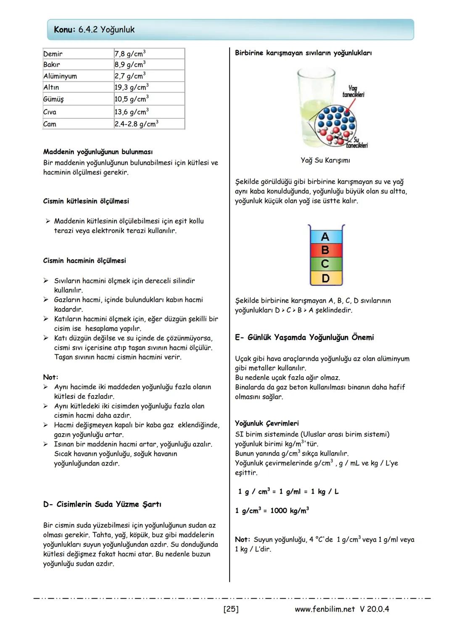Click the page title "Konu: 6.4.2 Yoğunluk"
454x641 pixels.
tap(94, 30)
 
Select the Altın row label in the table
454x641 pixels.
tap(51, 87)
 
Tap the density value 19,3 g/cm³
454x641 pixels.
tap(131, 87)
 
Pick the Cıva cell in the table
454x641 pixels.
tap(50, 112)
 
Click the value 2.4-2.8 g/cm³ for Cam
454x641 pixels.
tap(136, 124)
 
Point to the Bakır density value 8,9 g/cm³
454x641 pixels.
tap(129, 65)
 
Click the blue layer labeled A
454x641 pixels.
tap(325, 237)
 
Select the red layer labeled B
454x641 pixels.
tap(325, 251)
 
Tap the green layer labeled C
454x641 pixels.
tap(325, 264)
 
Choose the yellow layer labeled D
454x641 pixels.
tap(325, 278)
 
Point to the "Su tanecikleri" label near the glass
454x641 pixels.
tap(356, 143)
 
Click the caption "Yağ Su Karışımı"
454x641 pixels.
tap(325, 160)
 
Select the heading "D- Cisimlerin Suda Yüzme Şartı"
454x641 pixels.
tap(102, 504)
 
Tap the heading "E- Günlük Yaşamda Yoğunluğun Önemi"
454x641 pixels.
tap(304, 338)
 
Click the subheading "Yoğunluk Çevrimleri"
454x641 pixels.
tap(267, 423)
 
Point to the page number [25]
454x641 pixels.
tap(231, 609)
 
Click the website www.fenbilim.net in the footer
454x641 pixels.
tap(325, 609)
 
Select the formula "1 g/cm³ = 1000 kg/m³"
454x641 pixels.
tap(272, 510)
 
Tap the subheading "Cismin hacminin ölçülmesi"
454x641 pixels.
tap(84, 261)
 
